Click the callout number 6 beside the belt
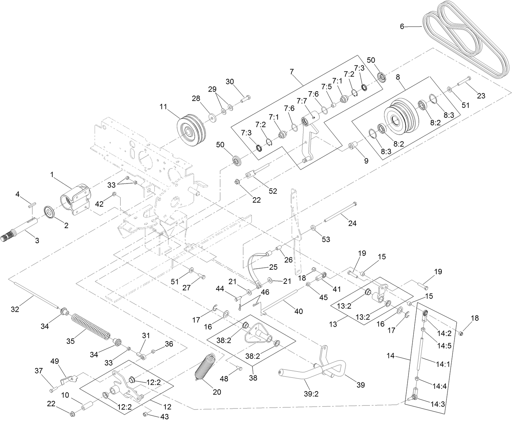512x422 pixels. [402, 27]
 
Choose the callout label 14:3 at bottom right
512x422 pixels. [438, 405]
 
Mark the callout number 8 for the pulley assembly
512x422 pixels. [398, 77]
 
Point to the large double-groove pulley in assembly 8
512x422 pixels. [401, 116]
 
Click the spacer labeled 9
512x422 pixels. [353, 146]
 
